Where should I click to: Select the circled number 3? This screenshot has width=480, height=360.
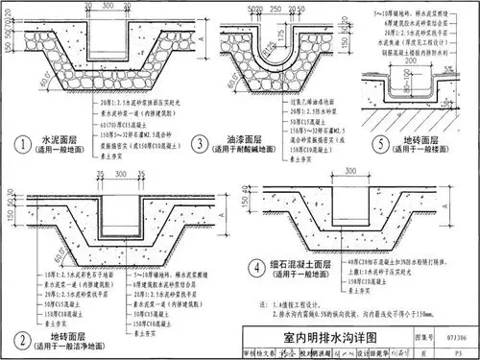tap(200, 144)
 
